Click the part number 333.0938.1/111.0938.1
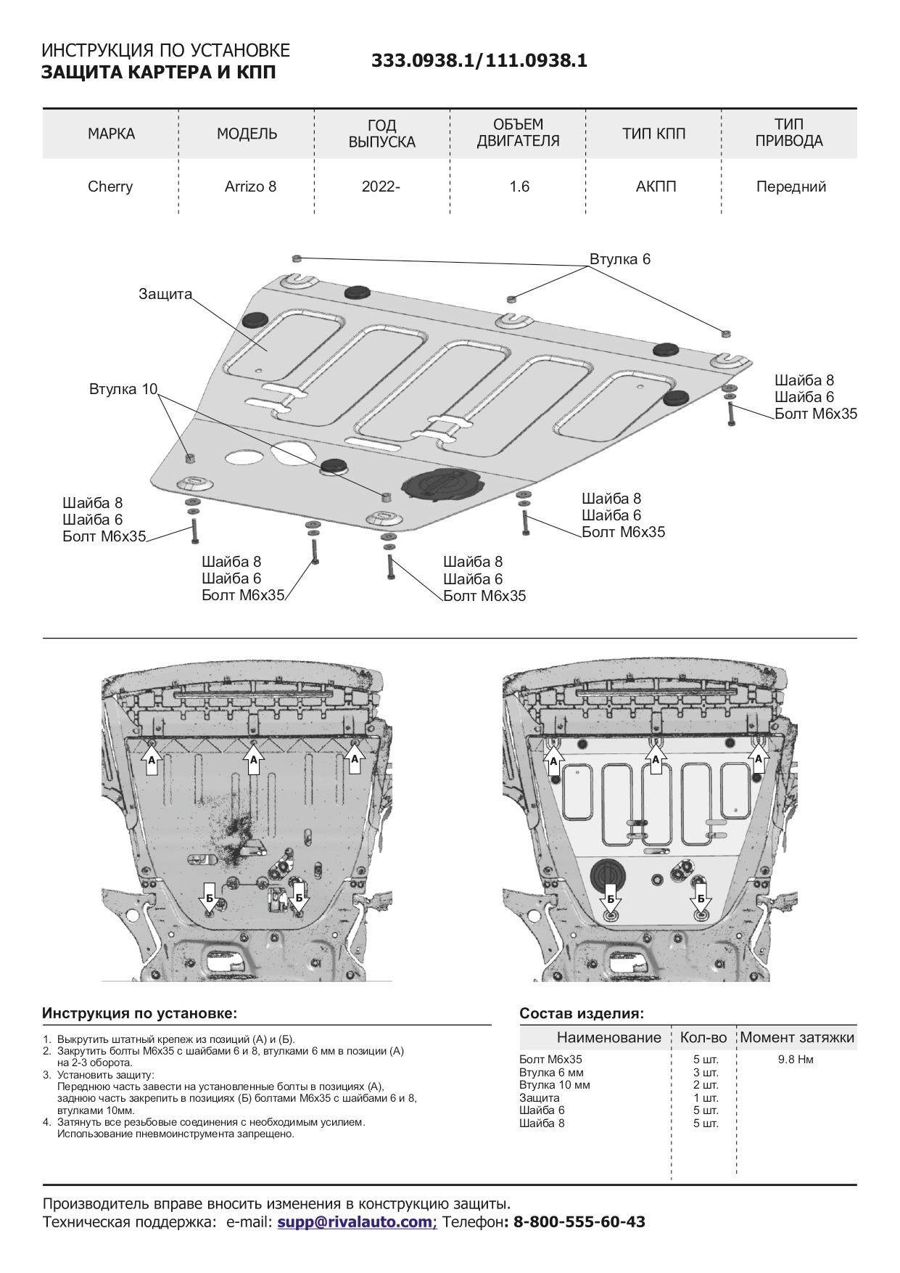(479, 61)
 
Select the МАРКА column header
(111, 134)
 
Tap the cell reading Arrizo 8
(250, 187)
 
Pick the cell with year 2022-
(381, 187)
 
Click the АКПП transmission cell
(656, 187)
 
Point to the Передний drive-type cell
(790, 187)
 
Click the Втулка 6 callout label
(619, 259)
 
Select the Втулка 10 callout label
(123, 389)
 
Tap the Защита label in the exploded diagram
(165, 294)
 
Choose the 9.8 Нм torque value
(796, 1060)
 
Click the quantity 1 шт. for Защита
(705, 1098)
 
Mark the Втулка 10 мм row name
(554, 1085)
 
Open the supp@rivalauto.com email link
(355, 1221)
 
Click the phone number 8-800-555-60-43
(579, 1221)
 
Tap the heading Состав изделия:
(582, 1014)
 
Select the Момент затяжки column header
(797, 1037)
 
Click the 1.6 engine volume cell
(519, 187)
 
